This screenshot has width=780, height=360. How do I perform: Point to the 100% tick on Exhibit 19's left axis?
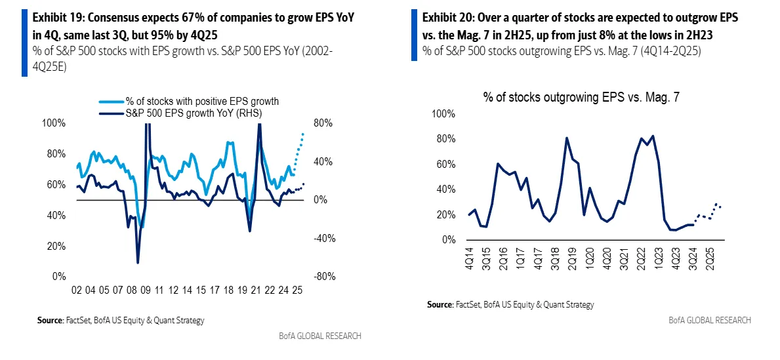tap(55, 123)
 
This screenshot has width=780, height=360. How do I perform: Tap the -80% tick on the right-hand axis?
tap(324, 277)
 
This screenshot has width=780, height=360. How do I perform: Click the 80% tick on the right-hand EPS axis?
tap(323, 123)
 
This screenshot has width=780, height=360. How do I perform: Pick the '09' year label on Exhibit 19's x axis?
tap(146, 290)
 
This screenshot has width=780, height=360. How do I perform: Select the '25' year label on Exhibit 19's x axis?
tap(297, 290)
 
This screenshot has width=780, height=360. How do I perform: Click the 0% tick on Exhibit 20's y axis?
tap(447, 240)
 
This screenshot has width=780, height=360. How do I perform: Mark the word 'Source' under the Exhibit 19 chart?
tap(51, 321)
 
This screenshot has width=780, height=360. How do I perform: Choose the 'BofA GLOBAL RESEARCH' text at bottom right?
tap(709, 320)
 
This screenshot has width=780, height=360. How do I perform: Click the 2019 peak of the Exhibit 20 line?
tap(567, 138)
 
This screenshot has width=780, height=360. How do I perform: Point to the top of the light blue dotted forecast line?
tap(303, 133)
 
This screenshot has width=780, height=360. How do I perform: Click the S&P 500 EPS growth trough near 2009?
tap(138, 263)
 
